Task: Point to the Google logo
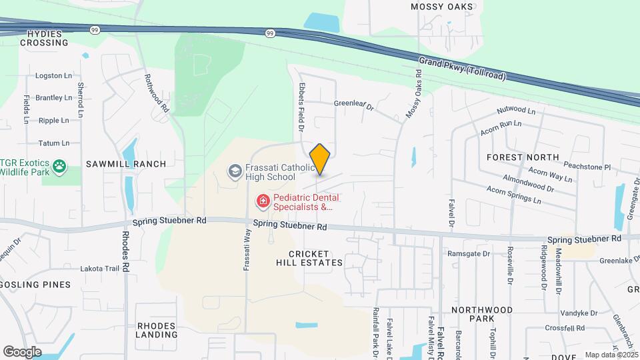pos(22,351)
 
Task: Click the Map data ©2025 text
pos(611,355)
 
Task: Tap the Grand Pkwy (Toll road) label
pos(461,69)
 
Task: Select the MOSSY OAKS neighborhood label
pos(442,7)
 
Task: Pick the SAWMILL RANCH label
pos(125,164)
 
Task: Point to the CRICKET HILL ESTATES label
pos(316,258)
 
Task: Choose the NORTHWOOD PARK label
pos(482,315)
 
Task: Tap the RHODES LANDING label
pos(156,330)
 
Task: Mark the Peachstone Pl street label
pos(589,167)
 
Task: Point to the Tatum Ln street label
pos(54,143)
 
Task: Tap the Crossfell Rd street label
pos(564,328)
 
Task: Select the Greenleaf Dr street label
pos(354,105)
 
